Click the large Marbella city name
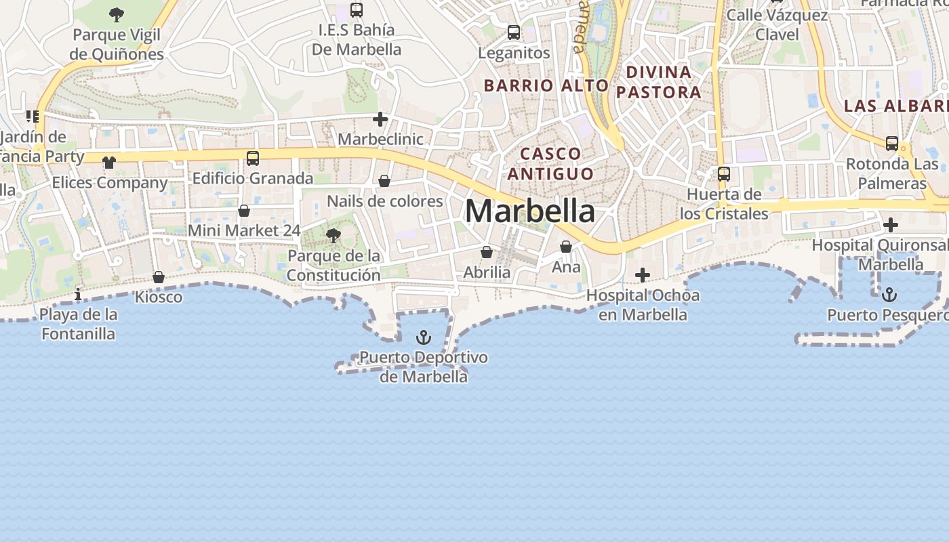coord(530,211)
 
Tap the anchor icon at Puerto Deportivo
coord(424,337)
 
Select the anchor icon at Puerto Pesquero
coord(889,294)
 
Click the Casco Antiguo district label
coord(550,163)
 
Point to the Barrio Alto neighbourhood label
coord(546,85)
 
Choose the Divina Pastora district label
coord(658,82)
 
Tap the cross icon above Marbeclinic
coord(380,120)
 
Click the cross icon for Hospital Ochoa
coord(642,275)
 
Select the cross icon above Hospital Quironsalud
coord(891,225)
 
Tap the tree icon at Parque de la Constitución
coord(333,236)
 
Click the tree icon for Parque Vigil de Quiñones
coord(117,14)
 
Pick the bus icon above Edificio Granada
coord(253,159)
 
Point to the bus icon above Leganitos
coord(514,33)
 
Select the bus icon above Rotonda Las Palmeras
coord(892,144)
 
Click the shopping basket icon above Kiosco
coord(159,277)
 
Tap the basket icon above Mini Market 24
coord(244,211)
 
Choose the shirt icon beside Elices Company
coord(109,163)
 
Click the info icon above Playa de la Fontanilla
coord(78,294)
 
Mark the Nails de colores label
coord(385,201)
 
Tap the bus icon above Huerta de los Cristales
coord(724,174)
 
